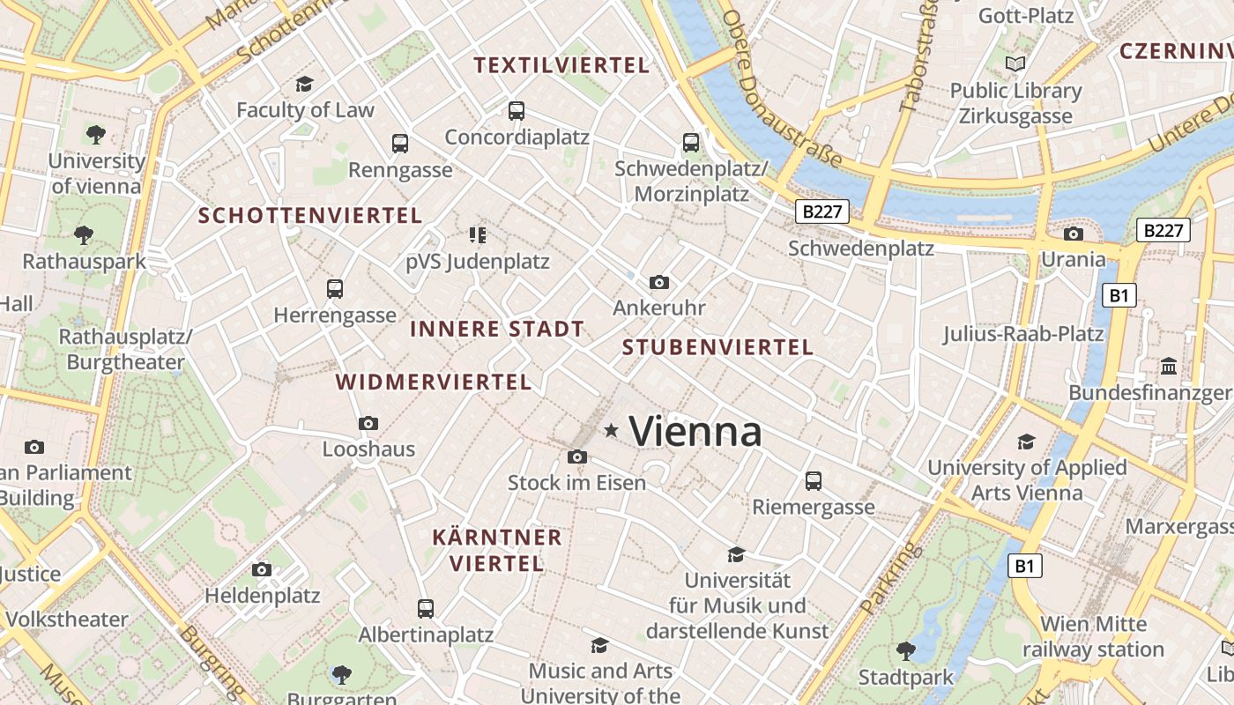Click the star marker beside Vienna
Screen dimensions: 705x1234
(611, 430)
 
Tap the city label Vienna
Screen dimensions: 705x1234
(695, 432)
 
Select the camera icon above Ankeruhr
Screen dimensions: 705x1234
(658, 282)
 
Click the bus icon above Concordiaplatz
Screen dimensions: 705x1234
(517, 111)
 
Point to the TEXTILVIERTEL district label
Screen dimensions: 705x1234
(561, 65)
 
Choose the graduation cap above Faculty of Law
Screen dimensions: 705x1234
(305, 84)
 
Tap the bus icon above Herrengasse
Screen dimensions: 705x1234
(335, 288)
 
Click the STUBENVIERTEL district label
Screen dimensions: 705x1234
(717, 347)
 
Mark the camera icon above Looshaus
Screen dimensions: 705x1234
(368, 423)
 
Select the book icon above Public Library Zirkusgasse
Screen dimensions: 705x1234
(1015, 63)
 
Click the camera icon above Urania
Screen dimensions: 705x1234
(1073, 234)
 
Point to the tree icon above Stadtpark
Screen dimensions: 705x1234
(905, 651)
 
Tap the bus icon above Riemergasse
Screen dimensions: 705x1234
(813, 481)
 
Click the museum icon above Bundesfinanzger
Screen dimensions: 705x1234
(1169, 366)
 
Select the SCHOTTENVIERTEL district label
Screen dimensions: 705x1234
(310, 216)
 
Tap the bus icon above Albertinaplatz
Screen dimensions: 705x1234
(426, 608)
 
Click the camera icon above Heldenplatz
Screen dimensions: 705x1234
(262, 569)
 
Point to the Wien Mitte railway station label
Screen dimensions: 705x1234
(1093, 637)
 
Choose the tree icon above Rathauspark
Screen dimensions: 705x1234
(84, 235)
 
